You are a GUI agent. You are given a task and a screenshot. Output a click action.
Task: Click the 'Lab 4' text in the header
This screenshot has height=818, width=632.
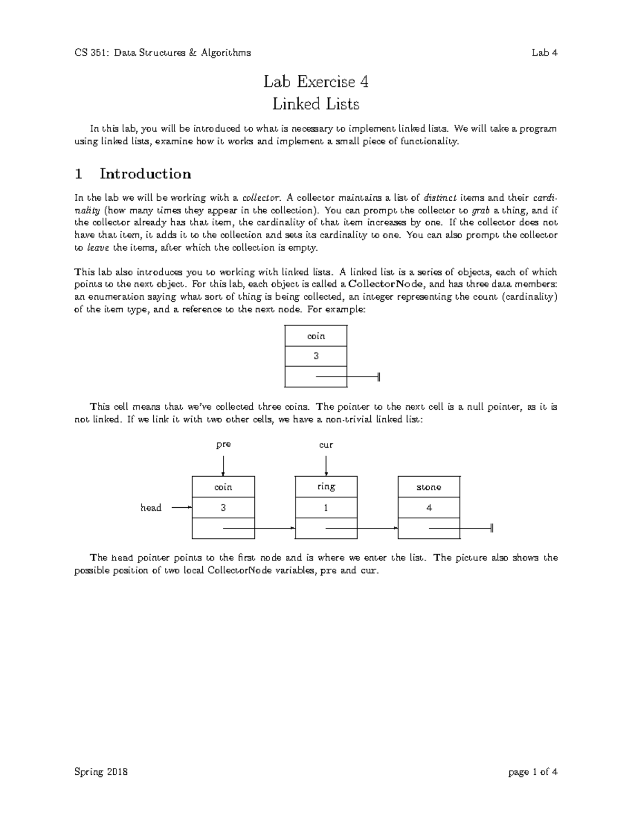pyautogui.click(x=544, y=53)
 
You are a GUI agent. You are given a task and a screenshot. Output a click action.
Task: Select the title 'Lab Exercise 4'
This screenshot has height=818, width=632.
pyautogui.click(x=315, y=82)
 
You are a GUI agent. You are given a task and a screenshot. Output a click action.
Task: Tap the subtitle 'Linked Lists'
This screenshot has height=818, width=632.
pyautogui.click(x=315, y=104)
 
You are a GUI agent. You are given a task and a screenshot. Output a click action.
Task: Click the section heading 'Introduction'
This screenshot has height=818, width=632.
pyautogui.click(x=145, y=174)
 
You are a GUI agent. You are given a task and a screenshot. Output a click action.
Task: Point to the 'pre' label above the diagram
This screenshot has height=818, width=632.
pyautogui.click(x=223, y=445)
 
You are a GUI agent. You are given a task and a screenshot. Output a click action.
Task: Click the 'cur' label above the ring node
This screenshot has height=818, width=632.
pyautogui.click(x=326, y=445)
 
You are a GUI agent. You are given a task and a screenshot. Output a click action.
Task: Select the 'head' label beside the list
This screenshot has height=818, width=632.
pyautogui.click(x=151, y=508)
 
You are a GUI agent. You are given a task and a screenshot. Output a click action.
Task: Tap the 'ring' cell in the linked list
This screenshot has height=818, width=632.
pyautogui.click(x=326, y=487)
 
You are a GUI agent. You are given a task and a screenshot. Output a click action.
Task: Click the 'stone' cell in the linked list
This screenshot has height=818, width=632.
pyautogui.click(x=429, y=487)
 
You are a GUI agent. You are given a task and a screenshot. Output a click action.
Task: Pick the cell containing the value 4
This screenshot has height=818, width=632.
pyautogui.click(x=429, y=508)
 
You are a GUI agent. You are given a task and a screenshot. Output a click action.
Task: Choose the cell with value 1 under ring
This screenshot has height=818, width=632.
pyautogui.click(x=326, y=508)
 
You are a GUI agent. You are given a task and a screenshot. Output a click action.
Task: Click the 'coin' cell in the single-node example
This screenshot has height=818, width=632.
pyautogui.click(x=315, y=336)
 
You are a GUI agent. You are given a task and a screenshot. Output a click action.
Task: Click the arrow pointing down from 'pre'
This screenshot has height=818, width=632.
pyautogui.click(x=223, y=466)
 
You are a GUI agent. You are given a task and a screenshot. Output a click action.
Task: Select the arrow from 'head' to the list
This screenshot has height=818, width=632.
pyautogui.click(x=182, y=508)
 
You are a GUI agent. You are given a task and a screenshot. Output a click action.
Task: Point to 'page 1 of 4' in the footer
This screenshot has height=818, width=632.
pyautogui.click(x=532, y=772)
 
